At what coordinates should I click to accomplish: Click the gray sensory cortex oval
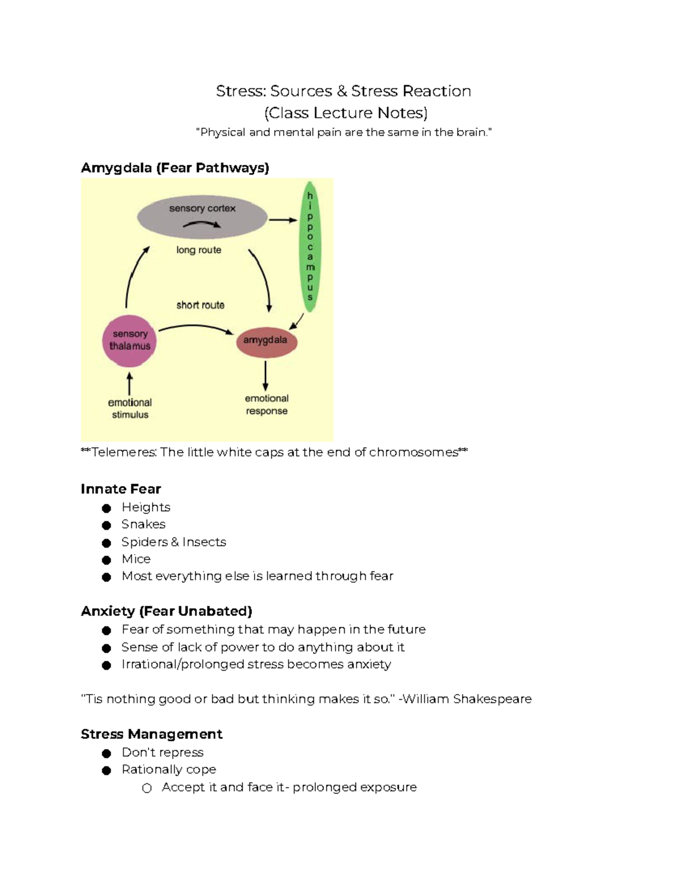[202, 218]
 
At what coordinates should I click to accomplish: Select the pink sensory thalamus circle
[130, 341]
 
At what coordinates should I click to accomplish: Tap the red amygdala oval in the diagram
[266, 341]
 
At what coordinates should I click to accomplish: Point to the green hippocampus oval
[310, 246]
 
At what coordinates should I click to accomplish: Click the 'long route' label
[199, 250]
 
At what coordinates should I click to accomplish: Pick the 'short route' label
[200, 305]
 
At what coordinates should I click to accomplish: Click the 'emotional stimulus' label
[130, 409]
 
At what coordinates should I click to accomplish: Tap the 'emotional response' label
[267, 405]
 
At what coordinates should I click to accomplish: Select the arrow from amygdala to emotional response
[265, 376]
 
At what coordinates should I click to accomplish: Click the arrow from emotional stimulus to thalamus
[130, 383]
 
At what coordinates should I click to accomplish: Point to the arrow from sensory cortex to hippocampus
[283, 219]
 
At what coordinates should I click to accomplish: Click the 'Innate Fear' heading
[121, 489]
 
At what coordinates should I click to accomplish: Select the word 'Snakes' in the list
[143, 524]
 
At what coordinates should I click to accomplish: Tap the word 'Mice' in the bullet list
[136, 559]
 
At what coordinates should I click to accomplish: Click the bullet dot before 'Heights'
[106, 508]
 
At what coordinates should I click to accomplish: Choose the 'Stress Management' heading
[151, 734]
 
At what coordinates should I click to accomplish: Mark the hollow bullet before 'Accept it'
[147, 788]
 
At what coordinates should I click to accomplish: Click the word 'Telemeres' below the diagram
[124, 452]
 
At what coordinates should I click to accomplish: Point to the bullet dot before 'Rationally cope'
[106, 770]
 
